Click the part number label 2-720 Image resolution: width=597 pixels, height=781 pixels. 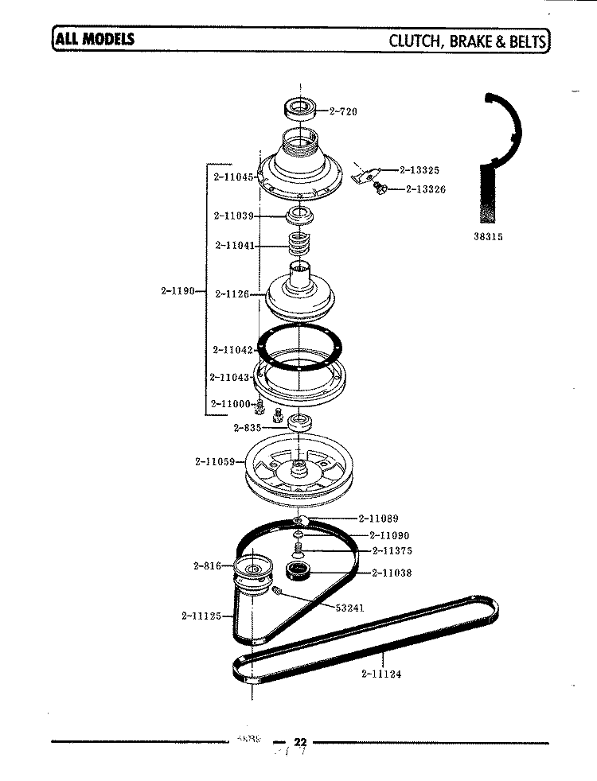(x=343, y=111)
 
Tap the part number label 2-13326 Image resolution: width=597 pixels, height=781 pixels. (x=425, y=189)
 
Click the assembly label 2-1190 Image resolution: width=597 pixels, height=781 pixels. (x=178, y=290)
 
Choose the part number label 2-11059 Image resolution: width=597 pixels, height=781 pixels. (x=214, y=460)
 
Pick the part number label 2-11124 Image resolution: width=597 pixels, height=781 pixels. (x=380, y=674)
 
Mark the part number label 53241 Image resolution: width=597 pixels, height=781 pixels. (x=349, y=608)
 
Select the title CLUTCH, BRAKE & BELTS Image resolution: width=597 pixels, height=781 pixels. (x=467, y=40)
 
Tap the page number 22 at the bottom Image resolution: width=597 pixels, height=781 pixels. (x=299, y=742)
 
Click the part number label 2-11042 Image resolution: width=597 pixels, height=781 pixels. (x=232, y=350)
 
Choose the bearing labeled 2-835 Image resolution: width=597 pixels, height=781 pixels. (x=300, y=422)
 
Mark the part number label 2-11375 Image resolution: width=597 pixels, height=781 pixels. (x=391, y=551)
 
